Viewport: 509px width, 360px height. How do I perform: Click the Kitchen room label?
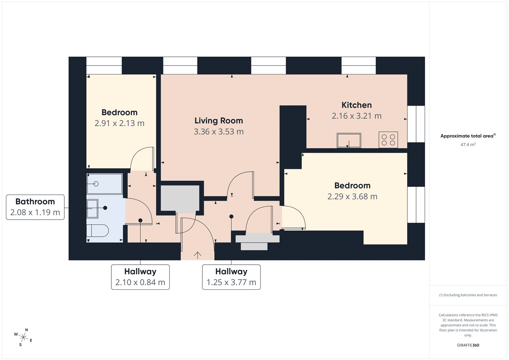(x=356, y=105)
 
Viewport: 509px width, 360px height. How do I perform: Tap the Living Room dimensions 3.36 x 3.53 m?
(x=219, y=131)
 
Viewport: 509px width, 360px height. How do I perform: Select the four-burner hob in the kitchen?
(x=388, y=140)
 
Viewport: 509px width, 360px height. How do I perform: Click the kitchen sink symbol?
(x=349, y=140)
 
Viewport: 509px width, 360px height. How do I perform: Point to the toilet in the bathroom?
(x=98, y=230)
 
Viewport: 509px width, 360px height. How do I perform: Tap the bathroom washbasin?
(x=93, y=208)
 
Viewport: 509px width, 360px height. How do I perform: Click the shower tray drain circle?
(x=96, y=184)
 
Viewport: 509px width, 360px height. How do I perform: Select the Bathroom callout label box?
(x=35, y=207)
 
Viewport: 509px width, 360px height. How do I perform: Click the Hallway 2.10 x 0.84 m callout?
(x=140, y=277)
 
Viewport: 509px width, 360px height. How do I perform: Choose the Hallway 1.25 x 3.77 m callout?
(x=231, y=277)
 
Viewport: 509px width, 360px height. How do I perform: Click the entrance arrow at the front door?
(x=198, y=255)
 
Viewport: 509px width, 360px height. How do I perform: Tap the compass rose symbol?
(x=23, y=337)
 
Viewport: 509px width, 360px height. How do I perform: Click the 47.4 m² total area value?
(x=468, y=145)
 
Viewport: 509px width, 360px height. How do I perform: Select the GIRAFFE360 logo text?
(x=468, y=345)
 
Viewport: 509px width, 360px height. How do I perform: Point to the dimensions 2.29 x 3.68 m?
(x=352, y=196)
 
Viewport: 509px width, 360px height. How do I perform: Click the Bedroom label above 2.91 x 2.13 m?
(x=119, y=112)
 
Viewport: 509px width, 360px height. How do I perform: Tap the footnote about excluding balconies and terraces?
(x=468, y=295)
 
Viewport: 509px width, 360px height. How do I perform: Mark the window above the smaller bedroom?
(x=104, y=65)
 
